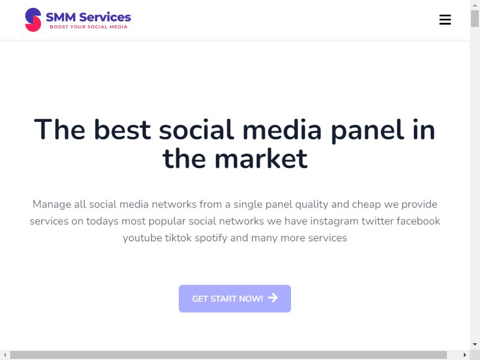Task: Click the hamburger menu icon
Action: coord(445,20)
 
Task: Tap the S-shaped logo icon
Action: coord(33,20)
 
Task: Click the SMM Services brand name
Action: coord(88,17)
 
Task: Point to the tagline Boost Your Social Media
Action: coord(88,27)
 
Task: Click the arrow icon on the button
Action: coord(273,298)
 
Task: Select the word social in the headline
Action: coord(196,130)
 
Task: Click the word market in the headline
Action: coord(261,159)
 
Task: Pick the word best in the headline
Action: coord(122,130)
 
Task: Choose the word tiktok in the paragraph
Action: coord(178,238)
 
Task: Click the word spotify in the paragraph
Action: coord(211,238)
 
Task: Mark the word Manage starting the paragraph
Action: coord(52,205)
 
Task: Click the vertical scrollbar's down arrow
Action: coord(475,344)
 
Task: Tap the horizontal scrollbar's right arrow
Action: coord(465,355)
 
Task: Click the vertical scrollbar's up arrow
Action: coord(475,5)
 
